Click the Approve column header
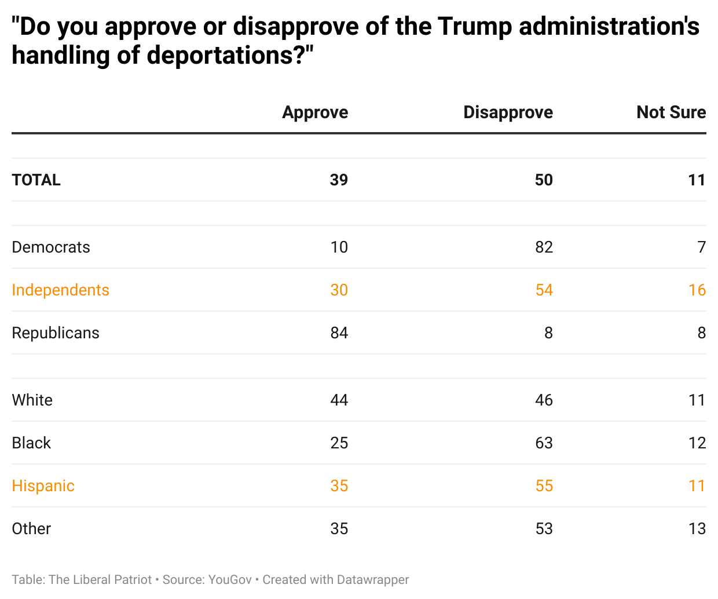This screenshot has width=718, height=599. click(315, 112)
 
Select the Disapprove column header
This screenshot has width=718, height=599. click(508, 112)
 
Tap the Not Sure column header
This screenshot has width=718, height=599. click(671, 112)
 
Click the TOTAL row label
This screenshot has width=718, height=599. click(36, 180)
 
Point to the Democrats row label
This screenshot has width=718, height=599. click(51, 247)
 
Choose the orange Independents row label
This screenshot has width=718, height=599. click(60, 290)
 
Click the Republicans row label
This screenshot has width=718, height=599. click(56, 333)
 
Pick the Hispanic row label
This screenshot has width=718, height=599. click(43, 486)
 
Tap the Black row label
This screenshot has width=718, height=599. click(31, 443)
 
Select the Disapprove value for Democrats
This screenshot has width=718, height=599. click(544, 247)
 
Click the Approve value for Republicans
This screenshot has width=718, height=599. click(339, 333)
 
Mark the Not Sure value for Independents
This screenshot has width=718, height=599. click(697, 290)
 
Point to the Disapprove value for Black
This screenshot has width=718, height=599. click(544, 443)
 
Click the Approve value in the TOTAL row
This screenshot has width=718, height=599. click(339, 180)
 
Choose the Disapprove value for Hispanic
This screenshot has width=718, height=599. click(544, 486)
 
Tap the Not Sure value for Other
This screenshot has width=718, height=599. click(697, 529)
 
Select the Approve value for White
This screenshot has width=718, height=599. click(339, 400)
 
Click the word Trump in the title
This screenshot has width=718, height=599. click(474, 27)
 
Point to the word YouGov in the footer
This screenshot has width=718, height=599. click(230, 580)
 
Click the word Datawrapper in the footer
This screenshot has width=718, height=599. click(373, 580)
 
